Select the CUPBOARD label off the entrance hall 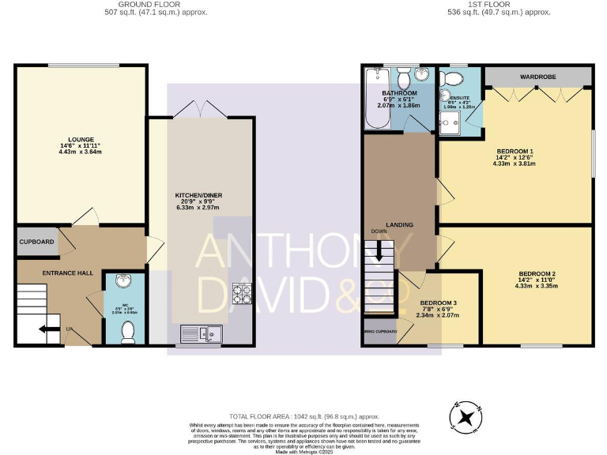click(x=37, y=241)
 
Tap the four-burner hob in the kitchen click(x=240, y=295)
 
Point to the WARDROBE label click(x=537, y=77)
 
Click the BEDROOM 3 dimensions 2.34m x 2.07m click(x=437, y=315)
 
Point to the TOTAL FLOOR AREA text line click(x=304, y=416)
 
